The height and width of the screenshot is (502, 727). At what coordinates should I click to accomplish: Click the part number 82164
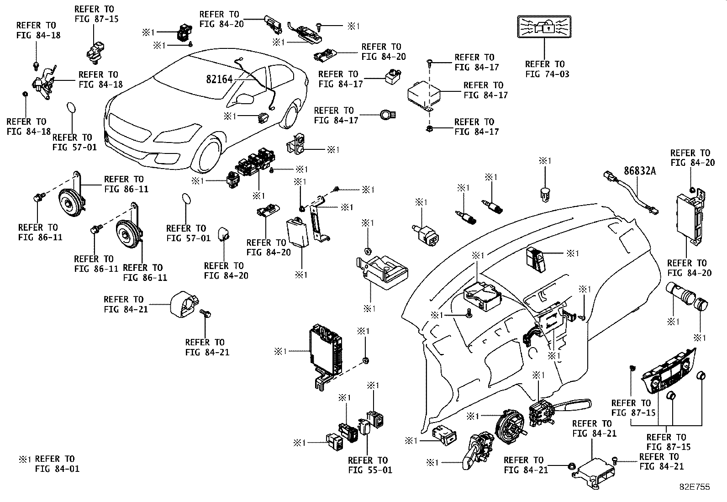[x=219, y=79]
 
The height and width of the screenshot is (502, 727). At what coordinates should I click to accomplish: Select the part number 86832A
[x=640, y=171]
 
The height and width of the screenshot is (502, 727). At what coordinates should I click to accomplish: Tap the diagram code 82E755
[x=695, y=487]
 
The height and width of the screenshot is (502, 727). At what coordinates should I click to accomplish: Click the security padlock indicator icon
[x=544, y=26]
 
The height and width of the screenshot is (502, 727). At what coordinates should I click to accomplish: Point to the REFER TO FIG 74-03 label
[x=547, y=69]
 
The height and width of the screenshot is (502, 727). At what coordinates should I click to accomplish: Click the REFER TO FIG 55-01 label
[x=370, y=465]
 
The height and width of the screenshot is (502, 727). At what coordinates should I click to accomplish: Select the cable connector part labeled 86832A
[x=630, y=193]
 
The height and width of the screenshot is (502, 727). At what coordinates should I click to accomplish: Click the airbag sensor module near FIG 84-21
[x=593, y=474]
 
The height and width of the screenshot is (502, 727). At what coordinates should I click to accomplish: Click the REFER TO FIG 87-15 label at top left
[x=96, y=14]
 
